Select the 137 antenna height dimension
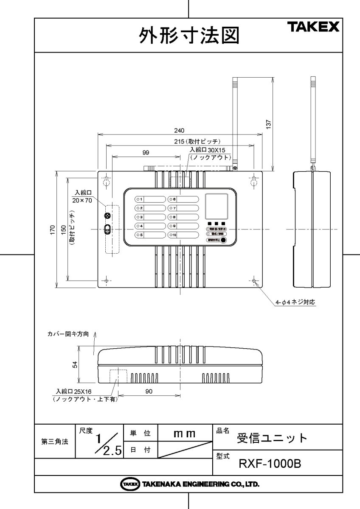click(x=269, y=123)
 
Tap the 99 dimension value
click(x=146, y=152)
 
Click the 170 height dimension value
click(x=53, y=229)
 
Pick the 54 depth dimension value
click(x=75, y=364)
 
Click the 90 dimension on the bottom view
click(x=149, y=392)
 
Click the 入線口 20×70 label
click(x=82, y=196)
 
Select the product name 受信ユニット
click(x=272, y=438)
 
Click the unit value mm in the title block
click(x=184, y=433)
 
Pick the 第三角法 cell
click(x=54, y=442)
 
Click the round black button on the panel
click(x=223, y=240)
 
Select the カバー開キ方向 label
click(x=68, y=334)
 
